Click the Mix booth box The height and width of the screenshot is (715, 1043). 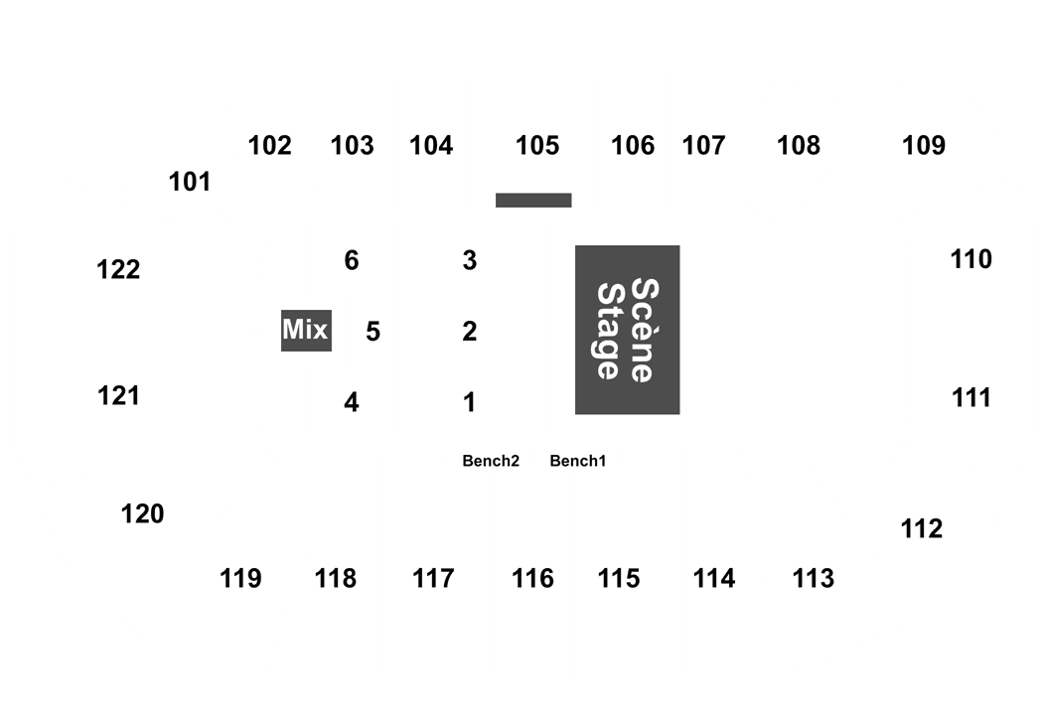point(305,331)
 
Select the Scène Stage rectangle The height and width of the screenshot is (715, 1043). point(627,330)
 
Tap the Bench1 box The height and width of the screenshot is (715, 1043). point(578,461)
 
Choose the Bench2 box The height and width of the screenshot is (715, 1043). point(490,461)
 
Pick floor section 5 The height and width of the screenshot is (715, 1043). point(372,331)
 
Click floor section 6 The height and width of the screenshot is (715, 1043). point(351,261)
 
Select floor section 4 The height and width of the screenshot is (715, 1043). point(351,403)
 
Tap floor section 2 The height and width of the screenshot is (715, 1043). point(470,331)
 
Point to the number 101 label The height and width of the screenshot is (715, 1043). point(189,182)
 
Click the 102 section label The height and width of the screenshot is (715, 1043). point(270,146)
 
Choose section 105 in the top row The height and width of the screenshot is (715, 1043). point(537,146)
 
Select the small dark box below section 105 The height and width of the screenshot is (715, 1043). point(533,201)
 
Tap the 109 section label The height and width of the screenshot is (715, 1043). point(924,146)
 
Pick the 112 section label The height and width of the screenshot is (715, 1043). point(921,528)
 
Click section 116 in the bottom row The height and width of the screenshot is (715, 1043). point(533,578)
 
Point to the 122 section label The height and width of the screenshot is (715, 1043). point(119,269)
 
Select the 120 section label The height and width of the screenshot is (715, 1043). point(142,514)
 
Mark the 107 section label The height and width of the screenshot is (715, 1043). point(704,146)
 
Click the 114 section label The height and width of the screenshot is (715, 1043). point(714,578)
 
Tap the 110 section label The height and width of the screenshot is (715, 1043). point(970,260)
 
